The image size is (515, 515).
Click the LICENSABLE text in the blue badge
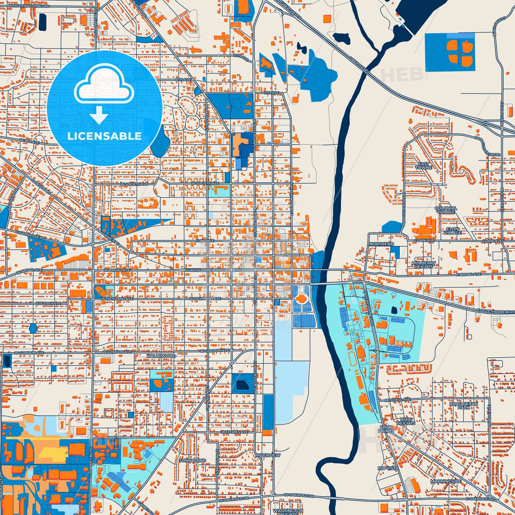(104, 136)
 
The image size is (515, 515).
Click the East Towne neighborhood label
(424, 166)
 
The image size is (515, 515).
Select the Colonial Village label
(446, 210)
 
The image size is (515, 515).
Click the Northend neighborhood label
(378, 244)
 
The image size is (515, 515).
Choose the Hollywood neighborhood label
(161, 356)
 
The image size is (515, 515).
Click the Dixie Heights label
(405, 421)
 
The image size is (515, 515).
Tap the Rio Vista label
(388, 468)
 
